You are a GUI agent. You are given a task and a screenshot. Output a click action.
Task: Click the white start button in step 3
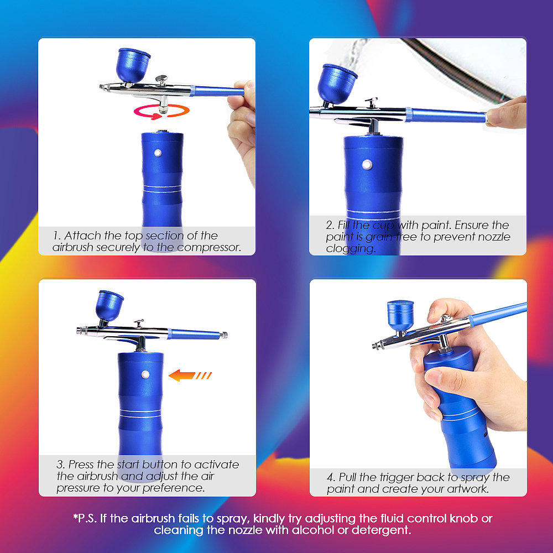[145, 374]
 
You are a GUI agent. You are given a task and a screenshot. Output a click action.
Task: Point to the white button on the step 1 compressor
[158, 153]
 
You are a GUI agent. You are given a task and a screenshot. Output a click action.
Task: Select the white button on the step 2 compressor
[367, 165]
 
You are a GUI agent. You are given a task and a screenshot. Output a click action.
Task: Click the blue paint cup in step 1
[133, 66]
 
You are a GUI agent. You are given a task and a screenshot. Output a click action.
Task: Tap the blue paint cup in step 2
[336, 84]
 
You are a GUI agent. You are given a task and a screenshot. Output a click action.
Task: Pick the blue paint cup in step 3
[109, 306]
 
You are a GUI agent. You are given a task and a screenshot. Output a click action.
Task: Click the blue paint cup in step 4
[400, 315]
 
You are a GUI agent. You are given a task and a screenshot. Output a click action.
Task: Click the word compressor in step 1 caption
[208, 248]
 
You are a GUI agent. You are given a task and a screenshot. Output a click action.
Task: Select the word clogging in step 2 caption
[351, 249]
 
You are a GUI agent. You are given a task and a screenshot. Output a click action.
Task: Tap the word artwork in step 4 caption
[468, 489]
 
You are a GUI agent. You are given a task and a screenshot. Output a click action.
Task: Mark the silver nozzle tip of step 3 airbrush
[81, 331]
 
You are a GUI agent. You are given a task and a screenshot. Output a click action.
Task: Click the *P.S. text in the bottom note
[85, 519]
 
